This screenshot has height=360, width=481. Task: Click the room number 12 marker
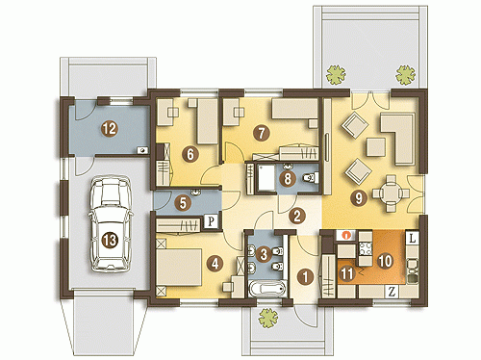(x=110, y=129)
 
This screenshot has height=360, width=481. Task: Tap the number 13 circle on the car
(x=110, y=240)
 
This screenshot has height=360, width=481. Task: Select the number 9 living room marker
(x=358, y=198)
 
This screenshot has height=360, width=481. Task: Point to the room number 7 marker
(x=262, y=133)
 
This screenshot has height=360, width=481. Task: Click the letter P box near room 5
(x=211, y=221)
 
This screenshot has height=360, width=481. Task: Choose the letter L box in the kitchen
(x=412, y=239)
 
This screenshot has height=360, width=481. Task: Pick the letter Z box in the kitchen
(x=392, y=292)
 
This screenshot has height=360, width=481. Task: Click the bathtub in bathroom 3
(x=266, y=289)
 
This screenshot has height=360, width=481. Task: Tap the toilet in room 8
(x=311, y=178)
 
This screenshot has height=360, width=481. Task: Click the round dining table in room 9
(x=391, y=193)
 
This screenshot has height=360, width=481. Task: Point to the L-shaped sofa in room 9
(x=399, y=138)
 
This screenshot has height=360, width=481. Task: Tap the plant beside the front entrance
(x=268, y=318)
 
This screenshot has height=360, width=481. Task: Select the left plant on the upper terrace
(x=336, y=75)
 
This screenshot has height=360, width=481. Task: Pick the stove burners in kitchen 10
(x=365, y=248)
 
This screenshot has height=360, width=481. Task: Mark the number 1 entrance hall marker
(x=305, y=277)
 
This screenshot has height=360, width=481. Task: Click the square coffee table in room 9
(x=376, y=147)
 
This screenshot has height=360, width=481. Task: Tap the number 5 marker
(x=183, y=203)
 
